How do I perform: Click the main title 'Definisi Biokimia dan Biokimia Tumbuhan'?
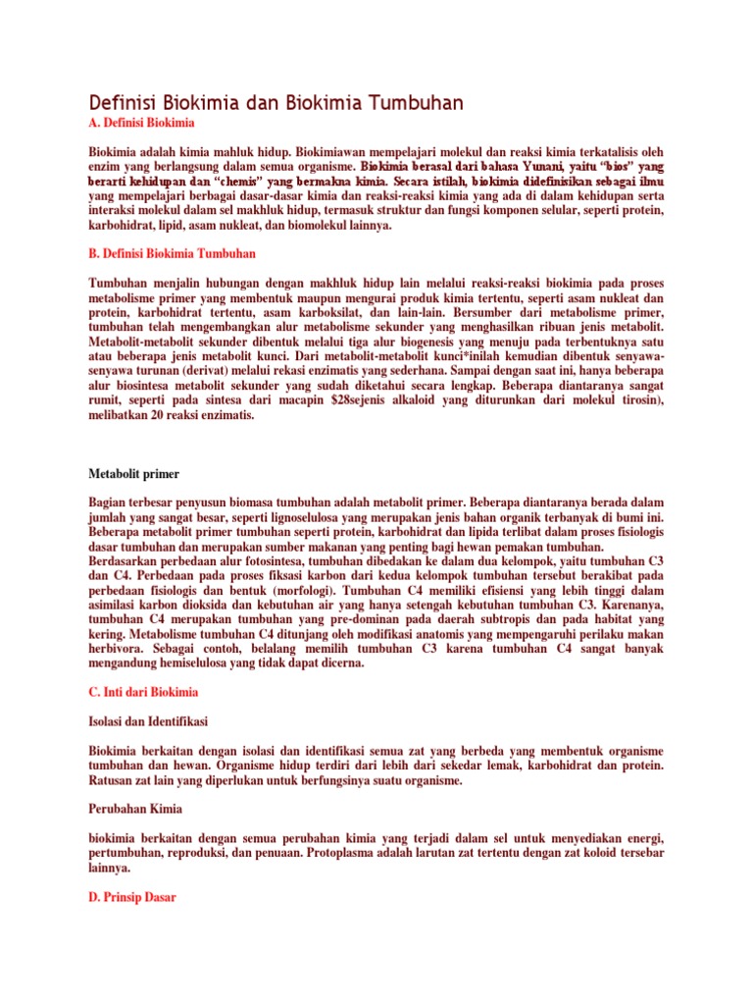[276, 103]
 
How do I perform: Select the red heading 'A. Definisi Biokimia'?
[141, 124]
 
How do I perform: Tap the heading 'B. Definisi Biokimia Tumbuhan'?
[172, 253]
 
